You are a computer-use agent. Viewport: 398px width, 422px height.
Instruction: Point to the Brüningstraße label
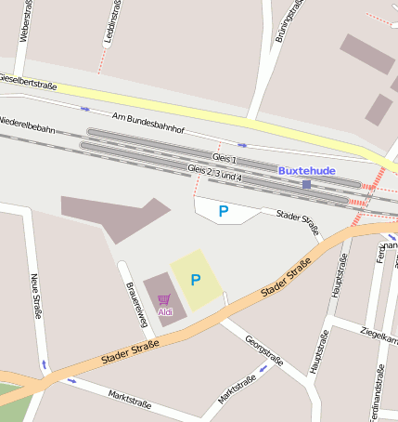coord(288,22)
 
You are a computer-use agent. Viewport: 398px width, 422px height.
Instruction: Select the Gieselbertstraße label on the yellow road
coord(28,84)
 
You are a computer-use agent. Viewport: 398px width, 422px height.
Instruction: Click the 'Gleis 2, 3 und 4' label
coord(215,172)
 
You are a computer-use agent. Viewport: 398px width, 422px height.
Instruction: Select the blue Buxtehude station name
coord(307,170)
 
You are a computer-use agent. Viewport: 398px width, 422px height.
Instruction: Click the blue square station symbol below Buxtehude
coord(307,184)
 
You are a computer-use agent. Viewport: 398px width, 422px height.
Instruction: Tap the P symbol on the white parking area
coord(223,211)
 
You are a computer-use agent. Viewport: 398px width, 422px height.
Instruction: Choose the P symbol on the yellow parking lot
coord(196,279)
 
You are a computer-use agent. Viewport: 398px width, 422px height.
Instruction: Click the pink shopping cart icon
coord(164,299)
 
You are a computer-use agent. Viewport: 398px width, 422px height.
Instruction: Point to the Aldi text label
coord(165,311)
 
